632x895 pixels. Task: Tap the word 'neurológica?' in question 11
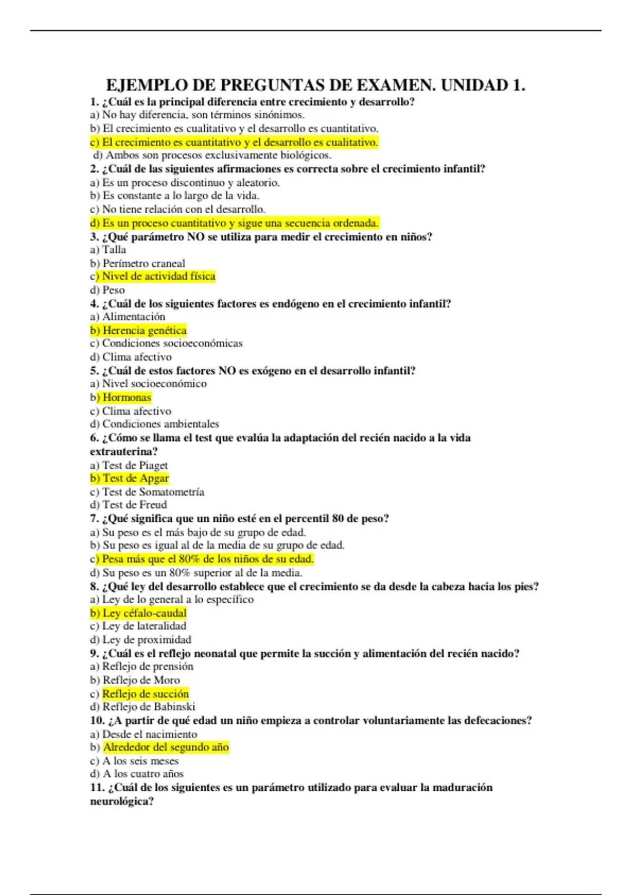pyautogui.click(x=122, y=801)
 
